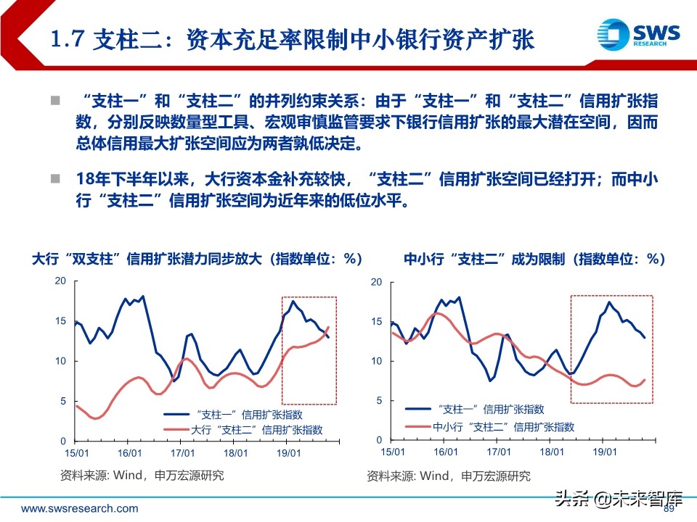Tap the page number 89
coord(669,509)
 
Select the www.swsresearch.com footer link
coord(79,508)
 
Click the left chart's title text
coord(197,259)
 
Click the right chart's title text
coord(534,259)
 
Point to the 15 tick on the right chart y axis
coord(376,321)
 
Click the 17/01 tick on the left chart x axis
coord(182,453)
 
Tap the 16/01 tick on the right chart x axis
coord(445,452)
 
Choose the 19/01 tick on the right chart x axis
coord(605,452)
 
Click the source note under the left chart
coord(142,476)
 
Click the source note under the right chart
coord(448,476)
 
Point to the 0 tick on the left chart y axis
coord(63,441)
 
